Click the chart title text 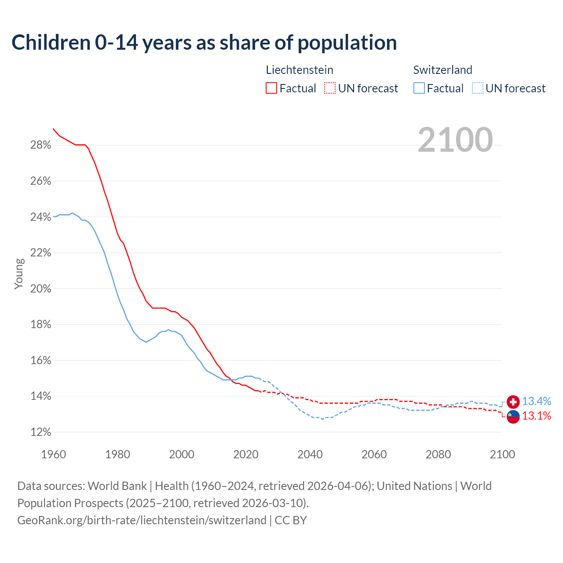204,43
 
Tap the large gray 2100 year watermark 455,140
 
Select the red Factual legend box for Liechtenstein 271,88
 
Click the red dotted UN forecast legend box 330,88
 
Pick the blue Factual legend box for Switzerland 419,88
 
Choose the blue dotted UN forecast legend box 477,88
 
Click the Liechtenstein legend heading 300,70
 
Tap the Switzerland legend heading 442,70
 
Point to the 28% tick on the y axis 40,145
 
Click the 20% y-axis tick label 40,289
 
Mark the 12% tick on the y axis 40,432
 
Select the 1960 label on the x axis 53,454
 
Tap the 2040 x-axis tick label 310,454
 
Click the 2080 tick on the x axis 438,454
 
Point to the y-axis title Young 18,274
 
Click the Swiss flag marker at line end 513,402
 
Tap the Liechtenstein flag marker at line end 513,416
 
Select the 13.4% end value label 536,402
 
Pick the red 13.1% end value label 536,416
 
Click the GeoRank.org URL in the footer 142,520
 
